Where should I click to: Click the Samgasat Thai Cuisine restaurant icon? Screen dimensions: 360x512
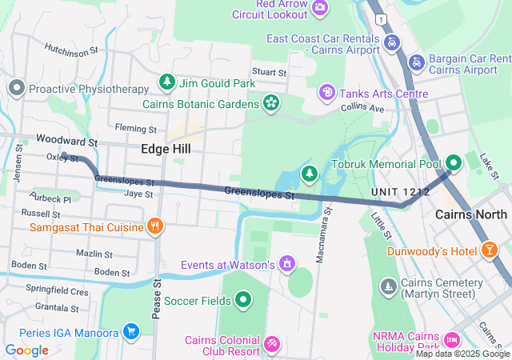point(155,227)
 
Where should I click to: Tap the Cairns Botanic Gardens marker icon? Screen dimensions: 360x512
point(271,103)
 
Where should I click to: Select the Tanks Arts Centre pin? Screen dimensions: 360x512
point(326,94)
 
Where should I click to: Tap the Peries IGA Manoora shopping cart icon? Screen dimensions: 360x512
point(131,331)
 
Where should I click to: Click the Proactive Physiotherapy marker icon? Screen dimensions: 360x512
point(16,89)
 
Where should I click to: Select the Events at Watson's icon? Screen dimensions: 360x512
point(286,264)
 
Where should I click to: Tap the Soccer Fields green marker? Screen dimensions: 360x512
point(243,301)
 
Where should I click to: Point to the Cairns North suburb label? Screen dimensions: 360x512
point(470,214)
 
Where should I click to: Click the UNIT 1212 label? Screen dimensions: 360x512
point(400,193)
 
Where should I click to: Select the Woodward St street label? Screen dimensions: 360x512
point(66,141)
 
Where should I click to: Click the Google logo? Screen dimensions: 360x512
point(26,350)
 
